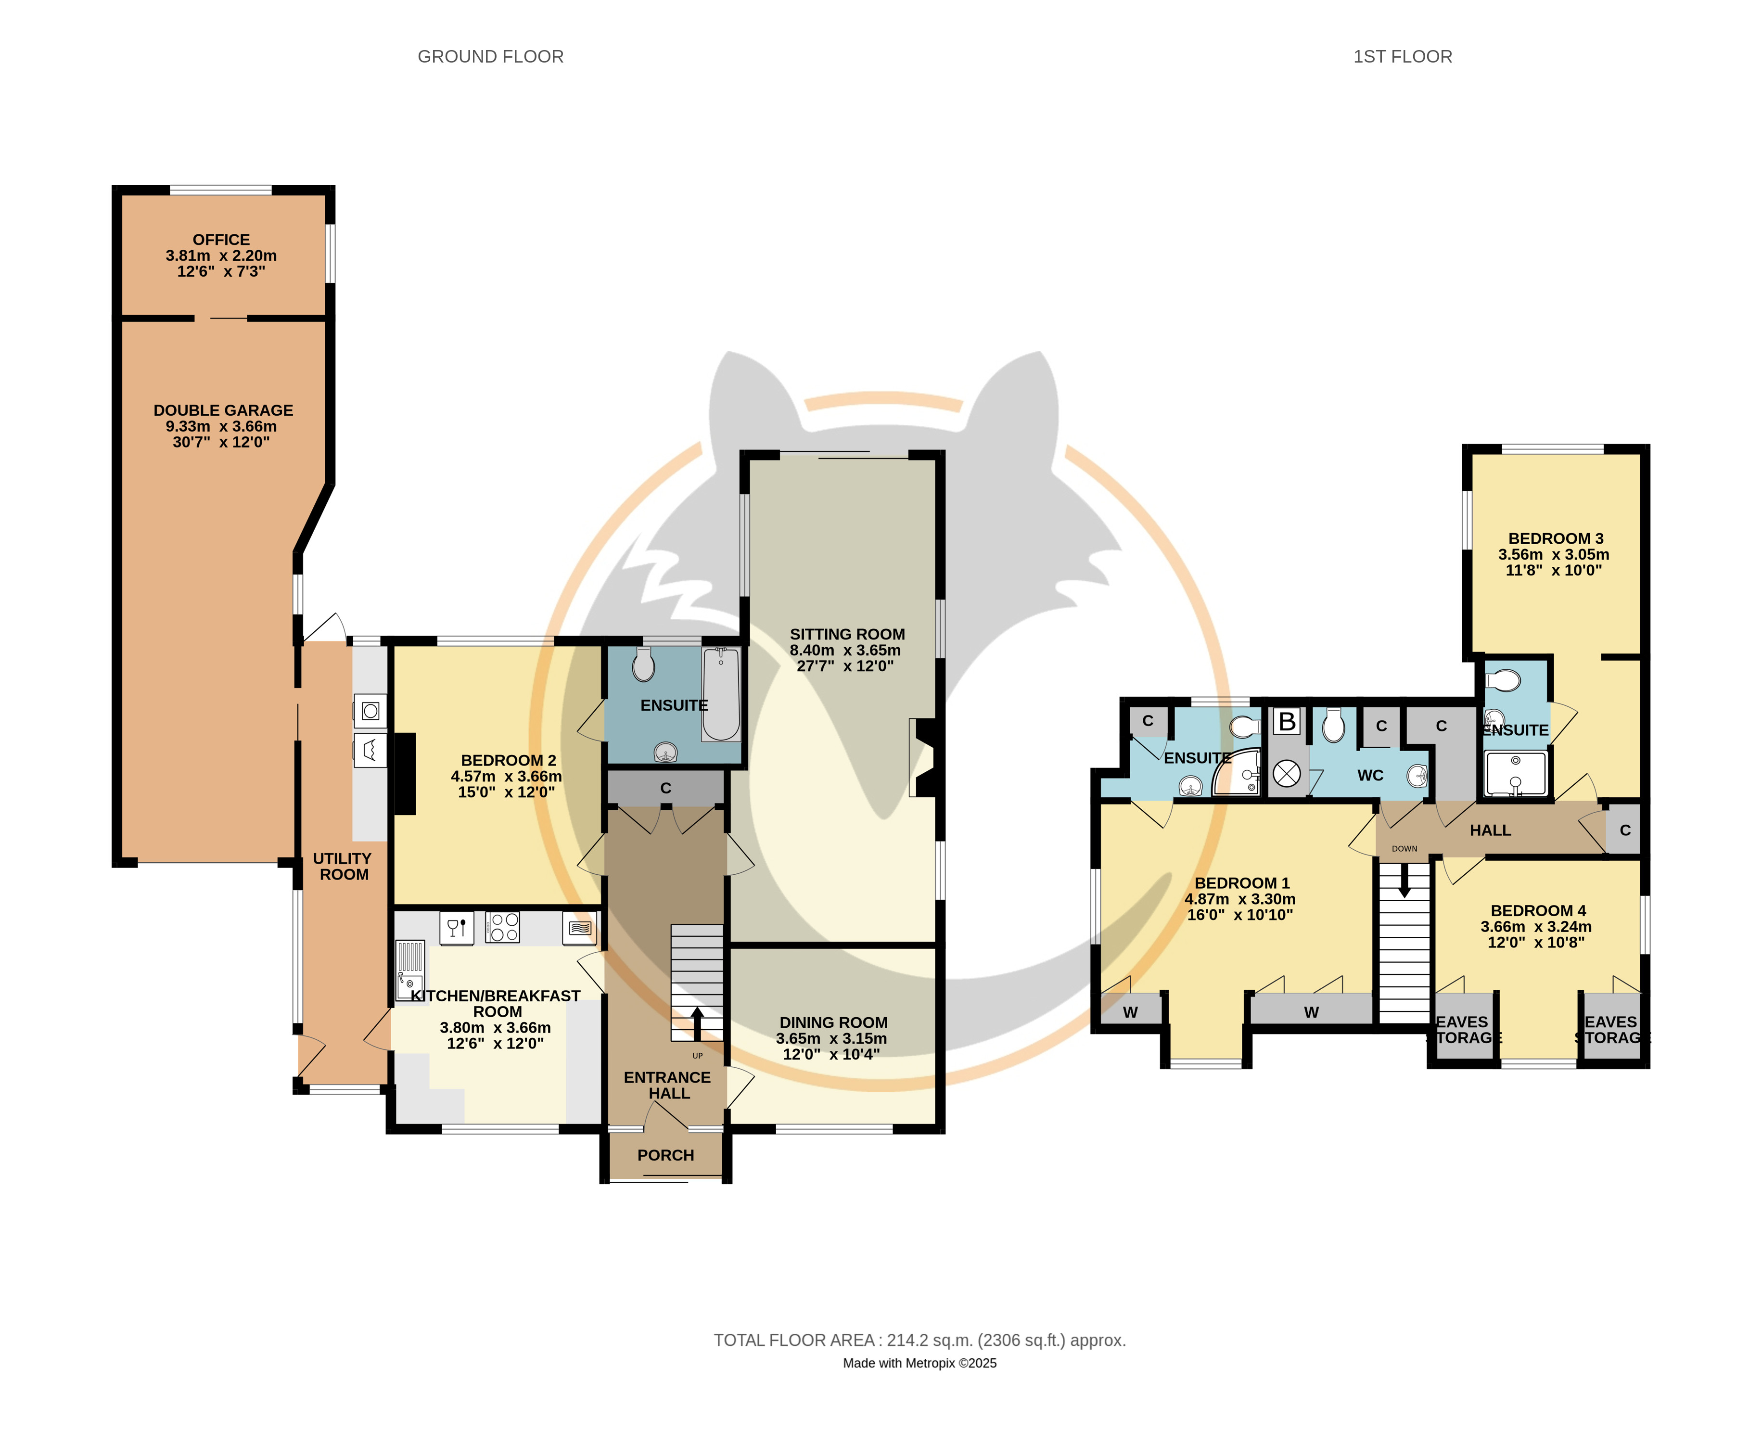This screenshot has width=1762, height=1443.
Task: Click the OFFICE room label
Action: tap(221, 240)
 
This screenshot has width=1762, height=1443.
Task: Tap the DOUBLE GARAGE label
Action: tap(223, 410)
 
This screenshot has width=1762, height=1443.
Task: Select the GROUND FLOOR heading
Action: tap(490, 56)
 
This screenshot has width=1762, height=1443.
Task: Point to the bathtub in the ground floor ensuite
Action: tap(721, 694)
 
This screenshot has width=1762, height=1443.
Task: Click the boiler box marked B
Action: tap(1287, 722)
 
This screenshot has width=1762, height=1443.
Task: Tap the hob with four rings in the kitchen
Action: tap(503, 927)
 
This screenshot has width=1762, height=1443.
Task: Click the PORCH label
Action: tap(666, 1155)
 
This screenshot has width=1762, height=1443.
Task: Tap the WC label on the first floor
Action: tap(1370, 776)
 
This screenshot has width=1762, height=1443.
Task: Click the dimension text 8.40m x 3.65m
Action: tap(845, 650)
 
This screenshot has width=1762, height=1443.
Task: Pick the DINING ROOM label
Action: tap(834, 1022)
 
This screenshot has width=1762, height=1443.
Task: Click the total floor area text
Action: tap(919, 1340)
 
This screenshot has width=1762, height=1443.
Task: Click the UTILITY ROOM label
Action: tap(343, 866)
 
